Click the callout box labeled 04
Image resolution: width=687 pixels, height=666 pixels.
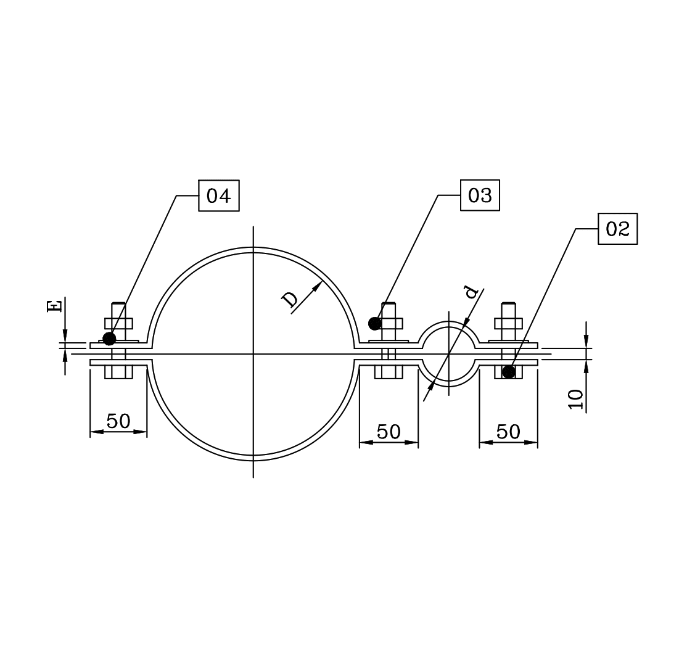pyautogui.click(x=218, y=196)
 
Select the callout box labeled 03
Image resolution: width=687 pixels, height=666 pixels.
pyautogui.click(x=480, y=195)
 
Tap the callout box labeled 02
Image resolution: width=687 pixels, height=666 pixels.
pyautogui.click(x=617, y=229)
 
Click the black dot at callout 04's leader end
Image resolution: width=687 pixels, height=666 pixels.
pyautogui.click(x=109, y=339)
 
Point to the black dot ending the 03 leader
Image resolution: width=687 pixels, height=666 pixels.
pyautogui.click(x=374, y=323)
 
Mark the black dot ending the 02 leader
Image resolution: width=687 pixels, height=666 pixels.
pyautogui.click(x=508, y=372)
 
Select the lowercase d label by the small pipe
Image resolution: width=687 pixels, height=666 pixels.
pyautogui.click(x=472, y=291)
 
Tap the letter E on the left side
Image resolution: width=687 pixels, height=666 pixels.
pyautogui.click(x=55, y=306)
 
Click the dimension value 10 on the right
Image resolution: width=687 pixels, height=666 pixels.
pyautogui.click(x=575, y=399)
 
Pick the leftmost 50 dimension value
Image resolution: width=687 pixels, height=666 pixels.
pyautogui.click(x=118, y=421)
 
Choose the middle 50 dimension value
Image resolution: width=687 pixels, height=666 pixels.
pyautogui.click(x=389, y=432)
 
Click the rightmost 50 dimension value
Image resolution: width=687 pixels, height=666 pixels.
pyautogui.click(x=508, y=432)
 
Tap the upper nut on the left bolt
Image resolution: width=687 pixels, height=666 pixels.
pyautogui.click(x=118, y=324)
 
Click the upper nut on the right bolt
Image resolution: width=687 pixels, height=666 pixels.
pyautogui.click(x=508, y=324)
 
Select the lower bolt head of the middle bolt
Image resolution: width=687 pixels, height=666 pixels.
pyautogui.click(x=389, y=372)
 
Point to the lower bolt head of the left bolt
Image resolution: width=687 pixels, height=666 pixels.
pyautogui.click(x=118, y=372)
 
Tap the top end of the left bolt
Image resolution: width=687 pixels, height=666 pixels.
pyautogui.click(x=118, y=305)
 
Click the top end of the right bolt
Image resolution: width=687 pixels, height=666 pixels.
pyautogui.click(x=508, y=305)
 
